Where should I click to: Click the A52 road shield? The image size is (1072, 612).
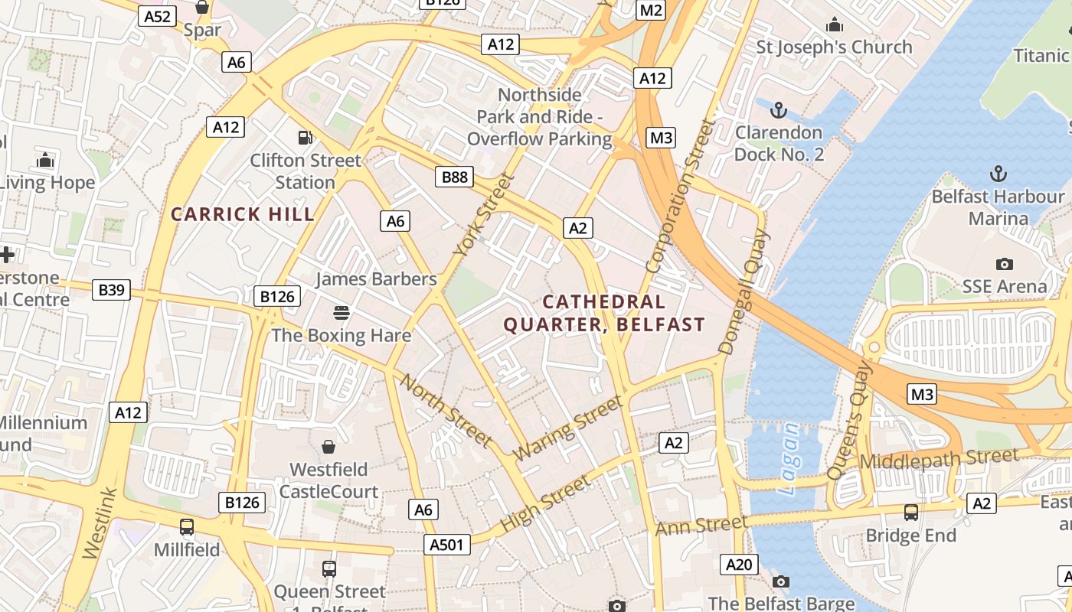coord(157,16)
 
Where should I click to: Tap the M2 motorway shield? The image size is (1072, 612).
coord(651,10)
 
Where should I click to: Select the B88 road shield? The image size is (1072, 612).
coord(454,177)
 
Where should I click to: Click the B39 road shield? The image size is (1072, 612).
coord(111,290)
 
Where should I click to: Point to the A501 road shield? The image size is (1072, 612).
coord(446,544)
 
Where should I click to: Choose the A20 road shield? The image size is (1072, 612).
coord(739,565)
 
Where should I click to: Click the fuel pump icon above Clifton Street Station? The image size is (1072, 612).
coord(305,138)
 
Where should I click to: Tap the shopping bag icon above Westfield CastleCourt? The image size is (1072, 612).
coord(328,446)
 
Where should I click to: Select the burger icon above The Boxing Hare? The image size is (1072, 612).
coord(341,312)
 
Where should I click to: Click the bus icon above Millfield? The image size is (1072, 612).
coord(186,526)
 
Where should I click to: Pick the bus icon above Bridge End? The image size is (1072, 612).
coord(910,512)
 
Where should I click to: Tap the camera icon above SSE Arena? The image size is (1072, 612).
coord(1004,264)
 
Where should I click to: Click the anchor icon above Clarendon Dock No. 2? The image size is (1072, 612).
coord(778,110)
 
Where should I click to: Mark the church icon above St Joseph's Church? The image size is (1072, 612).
coord(834,25)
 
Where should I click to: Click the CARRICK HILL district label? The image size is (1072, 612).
coord(243,214)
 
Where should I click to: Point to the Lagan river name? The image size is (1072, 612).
coord(789,459)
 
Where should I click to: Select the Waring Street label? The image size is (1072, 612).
coord(567,428)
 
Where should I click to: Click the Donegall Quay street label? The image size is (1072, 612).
coord(742,292)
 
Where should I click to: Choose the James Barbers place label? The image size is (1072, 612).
coord(375,279)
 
